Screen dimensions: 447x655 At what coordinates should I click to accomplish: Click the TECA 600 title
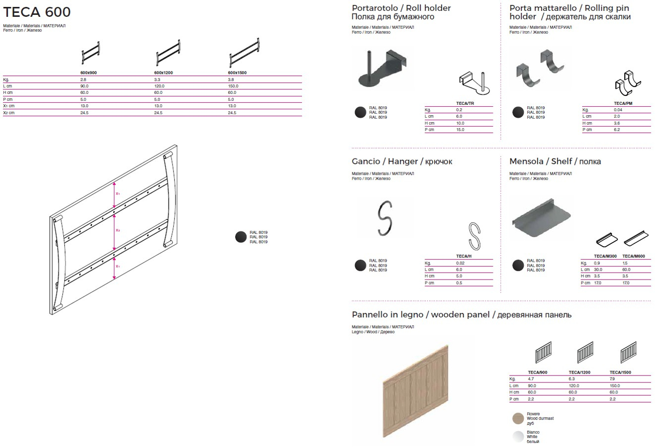coord(37,12)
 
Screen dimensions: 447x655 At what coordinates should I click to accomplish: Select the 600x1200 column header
coord(163,73)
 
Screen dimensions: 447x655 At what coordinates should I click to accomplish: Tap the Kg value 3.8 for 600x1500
coord(231,79)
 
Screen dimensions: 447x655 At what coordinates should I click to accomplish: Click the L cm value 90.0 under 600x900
coord(85,86)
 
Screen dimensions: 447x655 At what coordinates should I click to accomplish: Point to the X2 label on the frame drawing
coord(117,230)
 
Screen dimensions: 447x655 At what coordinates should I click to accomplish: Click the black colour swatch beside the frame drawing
coord(241,237)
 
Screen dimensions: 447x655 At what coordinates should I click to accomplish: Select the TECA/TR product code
coord(466,103)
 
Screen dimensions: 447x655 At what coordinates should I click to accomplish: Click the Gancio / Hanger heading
coord(402,161)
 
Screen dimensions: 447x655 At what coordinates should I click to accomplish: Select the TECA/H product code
coord(464,256)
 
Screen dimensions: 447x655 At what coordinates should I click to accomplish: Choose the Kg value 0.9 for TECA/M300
coord(597,263)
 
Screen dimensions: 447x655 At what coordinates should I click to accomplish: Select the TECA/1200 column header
coord(579,372)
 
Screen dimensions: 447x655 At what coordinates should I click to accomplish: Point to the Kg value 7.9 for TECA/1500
coord(613,378)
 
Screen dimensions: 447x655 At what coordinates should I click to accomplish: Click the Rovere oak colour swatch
coord(518,419)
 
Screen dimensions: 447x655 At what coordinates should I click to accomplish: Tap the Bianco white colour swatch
coord(518,437)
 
